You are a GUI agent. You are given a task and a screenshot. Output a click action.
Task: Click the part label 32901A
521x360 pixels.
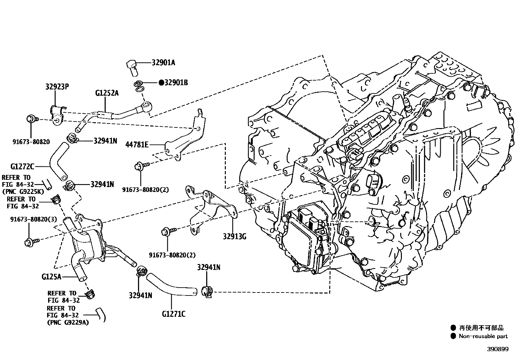coord(163,63)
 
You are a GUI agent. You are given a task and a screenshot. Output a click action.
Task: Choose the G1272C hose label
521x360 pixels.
coord(22,167)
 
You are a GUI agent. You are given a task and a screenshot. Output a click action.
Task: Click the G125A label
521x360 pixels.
coord(51,277)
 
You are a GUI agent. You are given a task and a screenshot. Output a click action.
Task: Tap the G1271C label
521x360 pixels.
coord(173,314)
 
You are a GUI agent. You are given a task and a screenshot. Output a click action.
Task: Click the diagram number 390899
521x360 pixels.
coord(497,350)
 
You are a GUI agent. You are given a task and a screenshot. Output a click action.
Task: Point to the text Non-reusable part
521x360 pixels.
coord(483,336)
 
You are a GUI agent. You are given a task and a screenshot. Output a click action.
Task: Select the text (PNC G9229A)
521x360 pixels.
coord(68,322)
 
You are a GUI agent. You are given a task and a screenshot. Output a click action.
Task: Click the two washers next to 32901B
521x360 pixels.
coord(139,86)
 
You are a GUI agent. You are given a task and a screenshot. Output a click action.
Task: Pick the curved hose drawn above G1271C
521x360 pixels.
coord(171,285)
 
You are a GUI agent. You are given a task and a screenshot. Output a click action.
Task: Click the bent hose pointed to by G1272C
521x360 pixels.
coord(58,162)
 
